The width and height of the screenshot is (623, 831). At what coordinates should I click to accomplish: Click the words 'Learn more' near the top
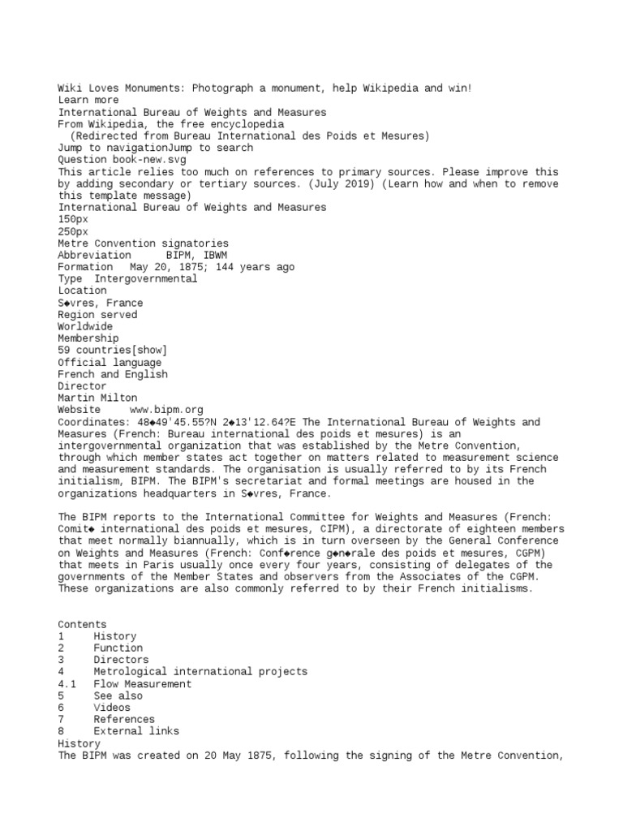coord(88,101)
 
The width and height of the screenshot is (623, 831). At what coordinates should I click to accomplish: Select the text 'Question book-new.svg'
coord(122,160)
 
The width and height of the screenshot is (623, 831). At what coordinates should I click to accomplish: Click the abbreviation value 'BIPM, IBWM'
coord(196,255)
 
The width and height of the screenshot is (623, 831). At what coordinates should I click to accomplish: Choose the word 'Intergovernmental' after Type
coord(146,278)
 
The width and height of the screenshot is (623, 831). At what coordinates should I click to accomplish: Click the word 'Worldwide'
coord(85,326)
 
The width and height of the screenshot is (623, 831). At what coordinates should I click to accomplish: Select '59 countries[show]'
coord(112,350)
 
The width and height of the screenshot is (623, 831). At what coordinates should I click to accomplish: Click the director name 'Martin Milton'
coord(97,398)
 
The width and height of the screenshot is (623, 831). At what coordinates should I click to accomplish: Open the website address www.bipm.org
coord(166,410)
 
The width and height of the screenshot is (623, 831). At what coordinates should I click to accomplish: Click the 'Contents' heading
coord(82,625)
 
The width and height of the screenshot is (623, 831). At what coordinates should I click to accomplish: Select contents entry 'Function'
coord(118,648)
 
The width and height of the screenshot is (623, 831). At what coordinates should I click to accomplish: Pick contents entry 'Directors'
coord(121,660)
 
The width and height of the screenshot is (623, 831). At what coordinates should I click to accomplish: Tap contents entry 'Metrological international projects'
coord(200,672)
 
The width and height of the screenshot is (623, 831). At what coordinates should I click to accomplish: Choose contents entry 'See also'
coord(118,695)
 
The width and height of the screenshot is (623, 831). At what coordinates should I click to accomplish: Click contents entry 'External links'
coord(136,731)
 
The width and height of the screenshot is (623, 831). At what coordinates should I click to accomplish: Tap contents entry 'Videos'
coord(112,708)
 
